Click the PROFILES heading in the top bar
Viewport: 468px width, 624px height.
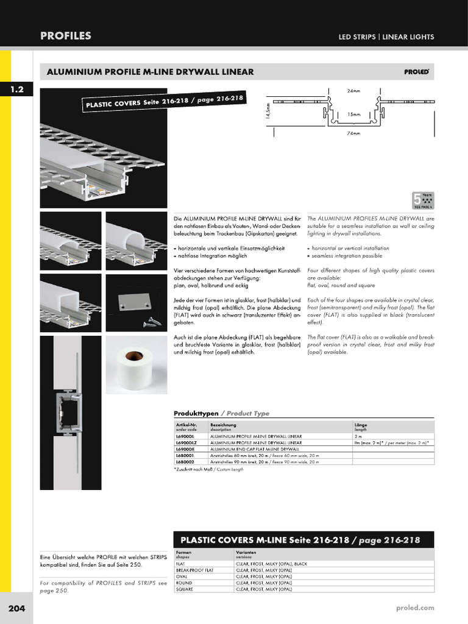click(66, 36)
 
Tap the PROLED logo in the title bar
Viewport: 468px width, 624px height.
click(416, 72)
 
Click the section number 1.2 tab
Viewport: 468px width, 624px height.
click(16, 90)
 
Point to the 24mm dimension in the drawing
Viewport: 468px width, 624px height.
click(353, 91)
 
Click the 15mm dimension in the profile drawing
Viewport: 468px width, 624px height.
click(353, 114)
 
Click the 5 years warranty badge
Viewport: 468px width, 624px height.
click(422, 200)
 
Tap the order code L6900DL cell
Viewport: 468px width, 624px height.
click(185, 436)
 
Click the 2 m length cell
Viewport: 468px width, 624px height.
click(358, 436)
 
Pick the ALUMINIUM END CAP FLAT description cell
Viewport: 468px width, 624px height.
click(250, 449)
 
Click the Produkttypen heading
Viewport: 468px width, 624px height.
click(196, 413)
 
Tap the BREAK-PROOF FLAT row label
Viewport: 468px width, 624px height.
click(194, 570)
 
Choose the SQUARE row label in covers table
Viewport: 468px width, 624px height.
click(185, 589)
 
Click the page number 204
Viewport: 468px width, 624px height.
click(16, 608)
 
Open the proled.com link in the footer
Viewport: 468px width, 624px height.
click(414, 608)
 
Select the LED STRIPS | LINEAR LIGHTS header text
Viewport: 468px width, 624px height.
click(386, 37)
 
